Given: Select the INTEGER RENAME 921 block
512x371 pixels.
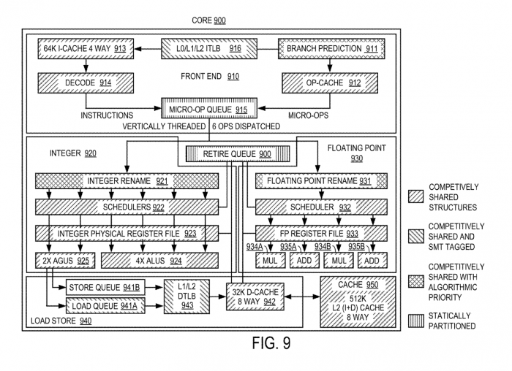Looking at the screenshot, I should pos(128,180).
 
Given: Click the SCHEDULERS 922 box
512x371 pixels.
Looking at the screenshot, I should pos(128,207).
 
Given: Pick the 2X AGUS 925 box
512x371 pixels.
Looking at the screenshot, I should pos(67,260).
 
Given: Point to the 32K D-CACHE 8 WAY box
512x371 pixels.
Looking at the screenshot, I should pos(254,296).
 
